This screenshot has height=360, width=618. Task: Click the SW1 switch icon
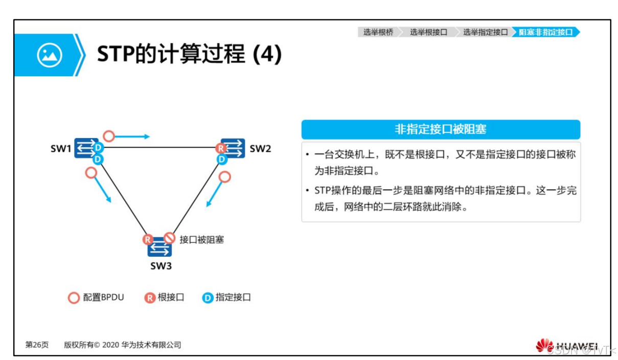point(85,148)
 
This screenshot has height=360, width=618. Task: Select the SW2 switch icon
point(233,148)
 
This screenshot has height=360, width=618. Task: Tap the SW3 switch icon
point(159,248)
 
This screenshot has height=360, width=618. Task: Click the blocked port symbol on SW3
point(170,238)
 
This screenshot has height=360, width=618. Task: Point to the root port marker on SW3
point(148,239)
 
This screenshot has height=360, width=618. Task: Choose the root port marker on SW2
point(221,148)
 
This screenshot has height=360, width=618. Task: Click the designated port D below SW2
point(221,160)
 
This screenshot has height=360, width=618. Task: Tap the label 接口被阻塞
point(201,239)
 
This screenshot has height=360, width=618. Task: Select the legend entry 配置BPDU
point(97,297)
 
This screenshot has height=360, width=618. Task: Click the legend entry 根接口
point(164,297)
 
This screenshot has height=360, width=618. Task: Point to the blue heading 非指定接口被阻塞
point(440,129)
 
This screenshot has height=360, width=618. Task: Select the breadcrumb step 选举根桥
point(378,32)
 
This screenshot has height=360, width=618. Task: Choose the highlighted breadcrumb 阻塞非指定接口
point(545,32)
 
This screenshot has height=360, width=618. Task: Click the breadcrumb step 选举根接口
point(428,32)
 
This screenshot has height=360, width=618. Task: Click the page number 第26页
point(37,345)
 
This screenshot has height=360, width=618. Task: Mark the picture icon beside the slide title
point(49,55)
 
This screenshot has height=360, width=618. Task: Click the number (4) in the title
point(267,55)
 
